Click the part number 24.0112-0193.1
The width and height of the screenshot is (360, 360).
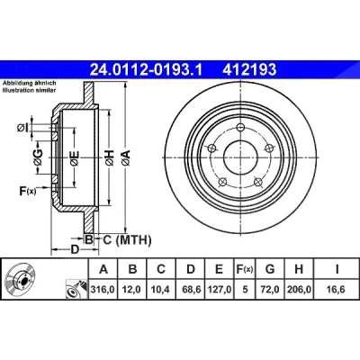(x=147, y=70)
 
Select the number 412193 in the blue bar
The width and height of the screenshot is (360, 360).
(x=249, y=70)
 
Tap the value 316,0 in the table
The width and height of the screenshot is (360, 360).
(x=103, y=289)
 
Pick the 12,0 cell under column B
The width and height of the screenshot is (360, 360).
(x=132, y=289)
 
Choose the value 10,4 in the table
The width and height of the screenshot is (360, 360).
(x=161, y=289)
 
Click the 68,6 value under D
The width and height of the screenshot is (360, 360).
(x=191, y=289)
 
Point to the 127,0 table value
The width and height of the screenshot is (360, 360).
(x=220, y=289)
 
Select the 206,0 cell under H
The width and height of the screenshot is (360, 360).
(x=299, y=289)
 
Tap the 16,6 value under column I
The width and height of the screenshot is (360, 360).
(x=337, y=289)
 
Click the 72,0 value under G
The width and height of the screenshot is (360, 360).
(x=270, y=289)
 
